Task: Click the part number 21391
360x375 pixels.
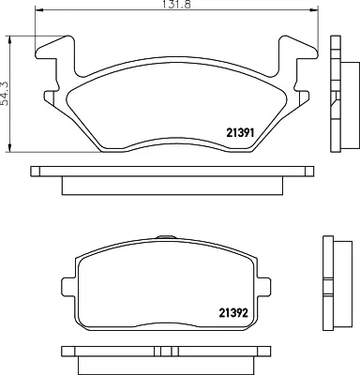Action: (x=240, y=133)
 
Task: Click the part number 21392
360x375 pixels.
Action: (x=233, y=312)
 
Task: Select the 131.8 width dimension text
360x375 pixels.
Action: (x=176, y=4)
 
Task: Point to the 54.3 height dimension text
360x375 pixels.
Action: (x=5, y=94)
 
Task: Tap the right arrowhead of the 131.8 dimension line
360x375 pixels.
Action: (x=313, y=10)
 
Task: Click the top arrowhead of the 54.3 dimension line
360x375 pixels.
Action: (x=10, y=40)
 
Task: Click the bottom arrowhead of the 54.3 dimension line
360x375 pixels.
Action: (x=10, y=148)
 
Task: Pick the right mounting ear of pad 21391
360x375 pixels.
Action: (x=297, y=50)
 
